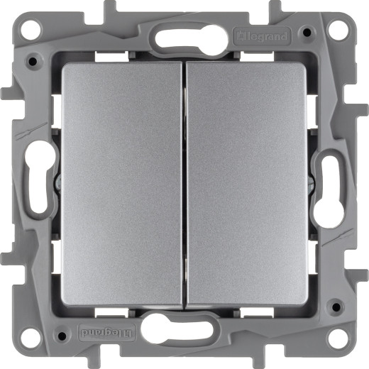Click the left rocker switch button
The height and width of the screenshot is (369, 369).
[122, 184]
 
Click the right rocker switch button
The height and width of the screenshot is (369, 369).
[246, 184]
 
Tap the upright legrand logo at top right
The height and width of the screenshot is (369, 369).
[262, 36]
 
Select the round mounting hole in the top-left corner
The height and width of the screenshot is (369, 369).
[31, 31]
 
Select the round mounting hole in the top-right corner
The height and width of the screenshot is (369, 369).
[338, 31]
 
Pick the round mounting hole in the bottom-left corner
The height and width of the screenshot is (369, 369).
[31, 338]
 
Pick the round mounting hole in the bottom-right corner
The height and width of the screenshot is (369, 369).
[338, 338]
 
